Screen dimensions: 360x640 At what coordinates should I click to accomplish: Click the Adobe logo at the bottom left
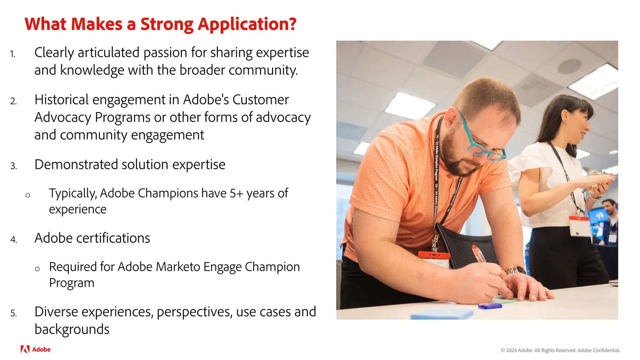click(x=35, y=349)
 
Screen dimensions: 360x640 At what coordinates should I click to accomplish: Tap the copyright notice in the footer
click(x=560, y=350)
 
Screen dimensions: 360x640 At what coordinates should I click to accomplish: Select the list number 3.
click(x=13, y=166)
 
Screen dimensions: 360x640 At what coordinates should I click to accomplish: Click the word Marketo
click(x=178, y=267)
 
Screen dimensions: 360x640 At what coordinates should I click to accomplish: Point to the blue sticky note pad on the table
click(x=442, y=314)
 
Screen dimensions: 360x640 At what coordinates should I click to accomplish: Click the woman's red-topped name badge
click(x=580, y=226)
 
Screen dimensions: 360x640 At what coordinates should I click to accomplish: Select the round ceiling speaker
click(x=569, y=66)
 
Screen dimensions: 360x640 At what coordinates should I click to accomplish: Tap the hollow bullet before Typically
click(x=28, y=196)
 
